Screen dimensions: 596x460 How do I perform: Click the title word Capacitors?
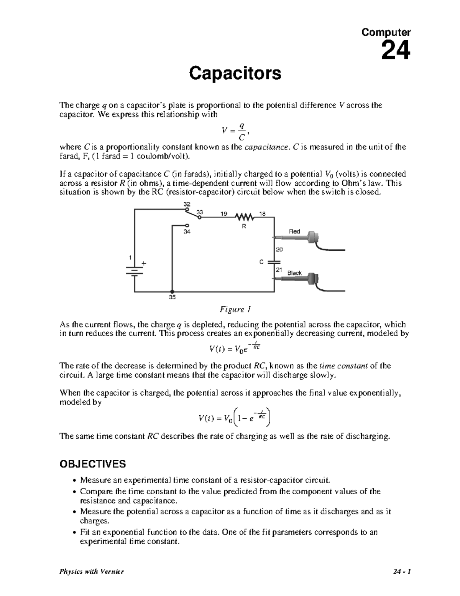tap(235, 73)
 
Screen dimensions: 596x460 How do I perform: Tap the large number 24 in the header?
tap(396, 50)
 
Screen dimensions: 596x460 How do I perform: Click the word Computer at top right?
tap(386, 33)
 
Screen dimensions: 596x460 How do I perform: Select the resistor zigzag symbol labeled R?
tap(245, 218)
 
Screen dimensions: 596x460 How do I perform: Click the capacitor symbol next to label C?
tap(274, 262)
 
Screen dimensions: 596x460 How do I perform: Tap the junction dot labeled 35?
tap(172, 292)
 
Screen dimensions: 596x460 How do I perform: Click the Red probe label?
tap(294, 231)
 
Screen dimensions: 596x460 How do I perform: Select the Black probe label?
tap(294, 273)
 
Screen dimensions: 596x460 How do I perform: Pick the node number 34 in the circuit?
tap(187, 232)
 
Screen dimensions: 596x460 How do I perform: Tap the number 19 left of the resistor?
tap(224, 214)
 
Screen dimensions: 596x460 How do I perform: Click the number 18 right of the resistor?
tap(263, 214)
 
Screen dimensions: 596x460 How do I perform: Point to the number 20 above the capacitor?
tap(279, 249)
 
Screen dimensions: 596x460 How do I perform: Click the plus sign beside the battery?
tap(144, 264)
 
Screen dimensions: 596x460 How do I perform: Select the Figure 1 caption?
tap(235, 309)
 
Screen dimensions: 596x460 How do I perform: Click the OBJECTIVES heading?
tap(92, 464)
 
